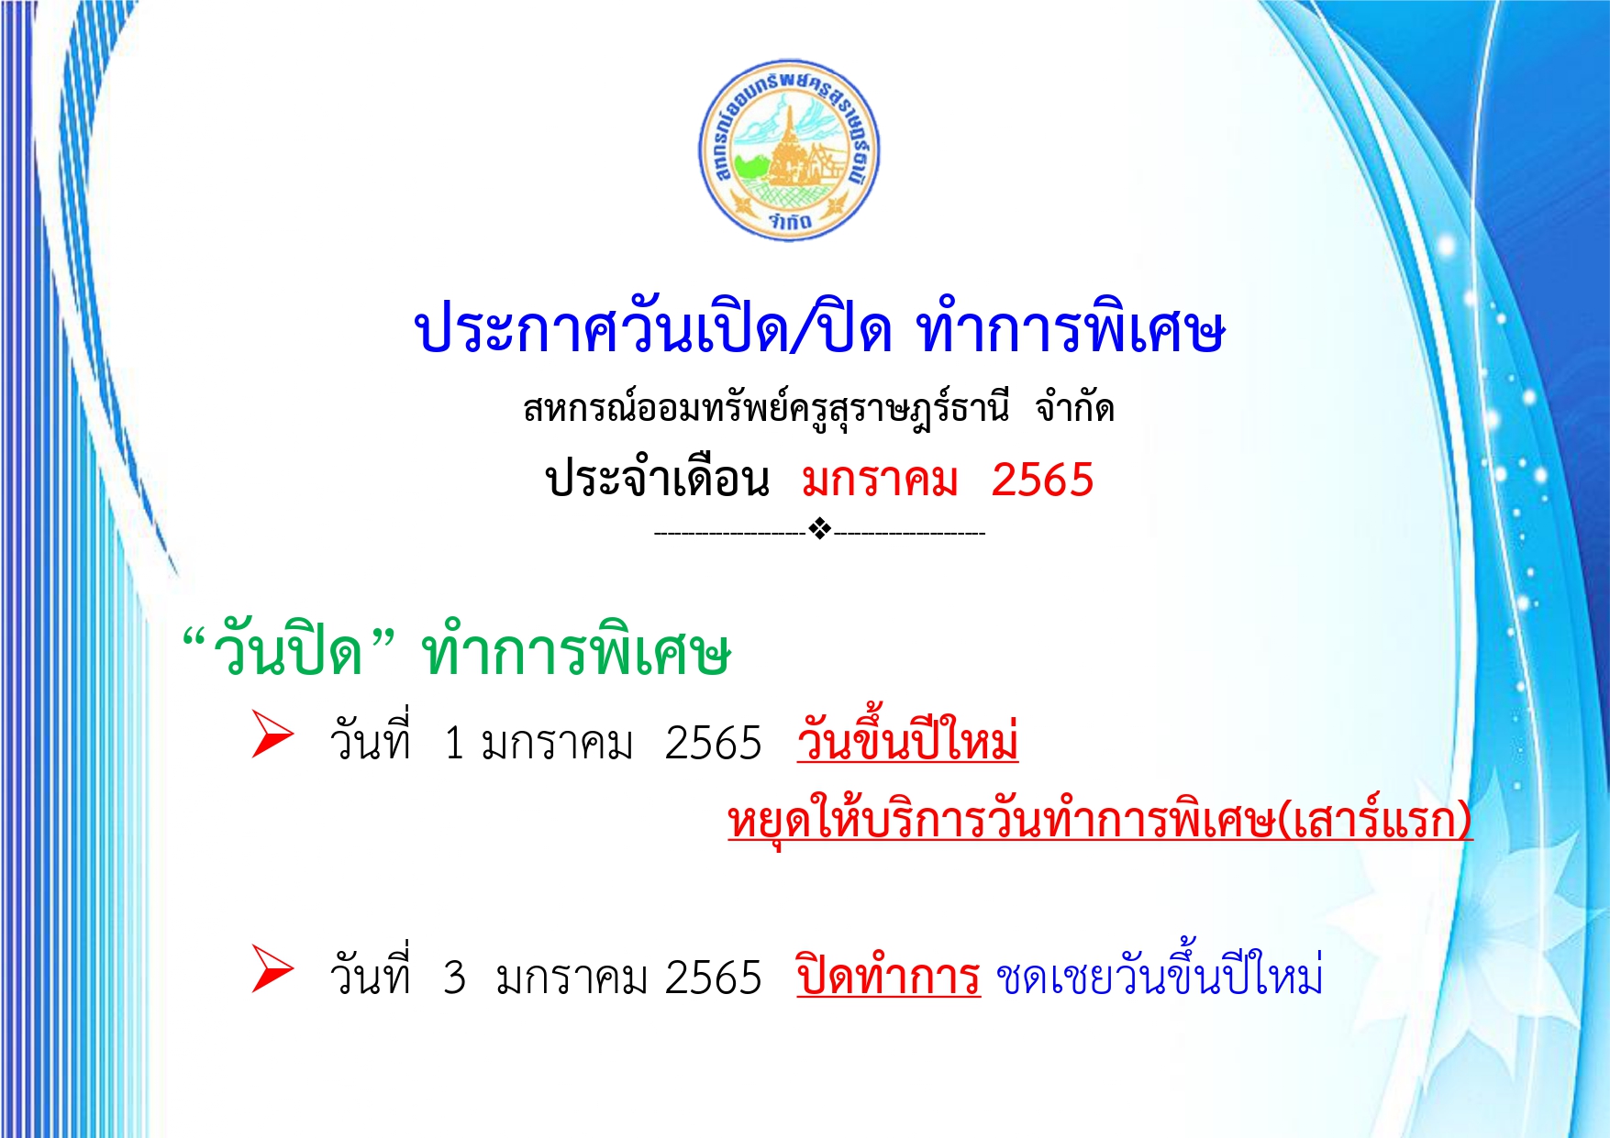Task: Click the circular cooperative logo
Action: click(x=789, y=150)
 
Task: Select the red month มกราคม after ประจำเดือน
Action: click(x=880, y=481)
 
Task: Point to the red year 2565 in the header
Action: click(x=1043, y=481)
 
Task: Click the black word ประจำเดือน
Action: click(x=657, y=479)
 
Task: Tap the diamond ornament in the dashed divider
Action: click(x=820, y=530)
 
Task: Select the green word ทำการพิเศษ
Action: click(x=576, y=651)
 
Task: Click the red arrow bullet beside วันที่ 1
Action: click(x=272, y=735)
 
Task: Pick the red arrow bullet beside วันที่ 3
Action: click(x=272, y=970)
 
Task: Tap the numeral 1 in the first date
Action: click(x=454, y=744)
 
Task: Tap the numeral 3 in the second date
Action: click(x=454, y=978)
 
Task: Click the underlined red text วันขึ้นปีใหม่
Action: click(x=908, y=737)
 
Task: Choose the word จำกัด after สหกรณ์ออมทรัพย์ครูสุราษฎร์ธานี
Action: click(x=1075, y=407)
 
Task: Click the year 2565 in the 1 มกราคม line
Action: click(x=713, y=744)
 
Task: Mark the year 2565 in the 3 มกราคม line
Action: click(x=713, y=978)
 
